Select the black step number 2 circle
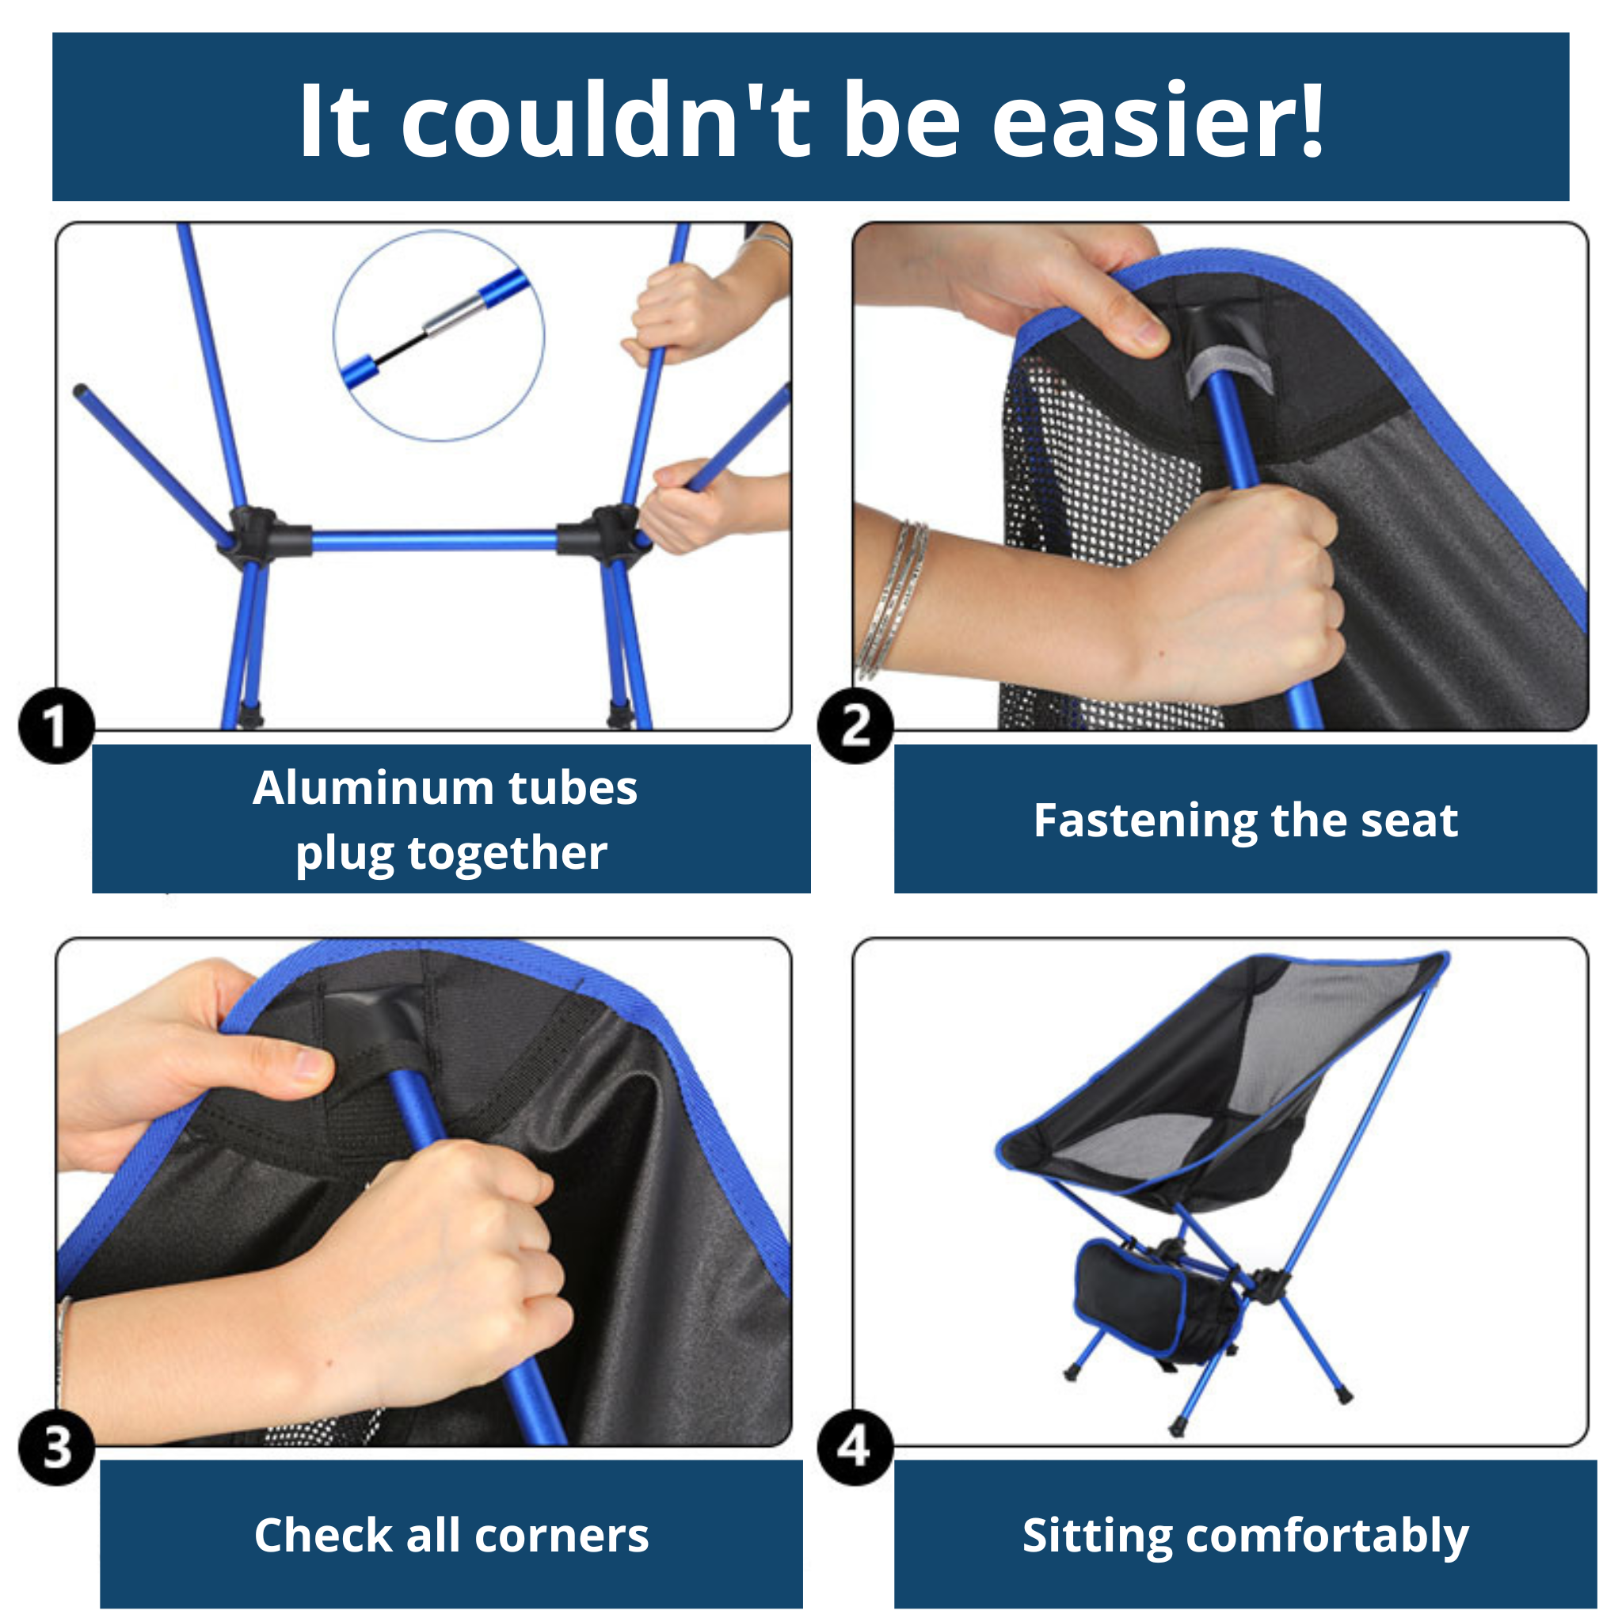[x=855, y=725]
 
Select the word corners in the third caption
[x=562, y=1536]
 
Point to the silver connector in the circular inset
[x=451, y=315]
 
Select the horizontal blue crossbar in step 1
[x=434, y=541]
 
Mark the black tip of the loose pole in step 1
[x=81, y=391]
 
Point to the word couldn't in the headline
[x=604, y=121]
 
